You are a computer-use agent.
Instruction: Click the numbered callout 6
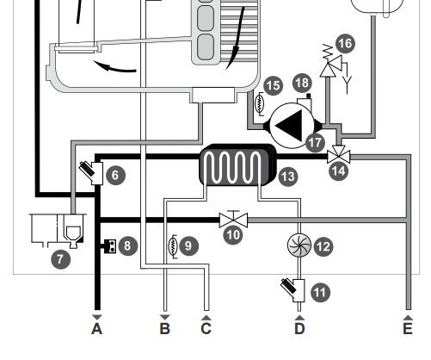click(x=115, y=175)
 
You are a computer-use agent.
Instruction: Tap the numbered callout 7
click(x=60, y=259)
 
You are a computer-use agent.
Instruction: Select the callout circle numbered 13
click(x=288, y=177)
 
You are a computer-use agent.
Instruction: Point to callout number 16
click(x=345, y=44)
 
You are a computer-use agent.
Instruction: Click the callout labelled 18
click(x=302, y=83)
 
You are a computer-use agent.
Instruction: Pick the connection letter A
click(x=97, y=329)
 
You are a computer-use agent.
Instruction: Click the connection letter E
click(x=408, y=329)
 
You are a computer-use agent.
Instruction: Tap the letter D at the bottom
click(x=299, y=329)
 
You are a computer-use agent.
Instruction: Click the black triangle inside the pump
click(x=290, y=126)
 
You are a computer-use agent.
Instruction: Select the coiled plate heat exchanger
click(x=237, y=164)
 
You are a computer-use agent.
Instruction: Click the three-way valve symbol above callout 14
click(x=339, y=154)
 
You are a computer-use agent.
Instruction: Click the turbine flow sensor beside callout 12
click(x=299, y=245)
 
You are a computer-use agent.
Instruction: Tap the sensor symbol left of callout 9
click(x=173, y=246)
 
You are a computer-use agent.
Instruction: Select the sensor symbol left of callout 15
click(x=260, y=104)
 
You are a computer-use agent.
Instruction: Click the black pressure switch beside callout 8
click(x=109, y=246)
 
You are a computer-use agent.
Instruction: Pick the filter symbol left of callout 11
click(x=293, y=290)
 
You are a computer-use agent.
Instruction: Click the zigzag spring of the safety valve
click(x=328, y=52)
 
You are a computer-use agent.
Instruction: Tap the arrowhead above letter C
click(x=206, y=317)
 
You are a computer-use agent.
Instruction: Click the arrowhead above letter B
click(x=165, y=317)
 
